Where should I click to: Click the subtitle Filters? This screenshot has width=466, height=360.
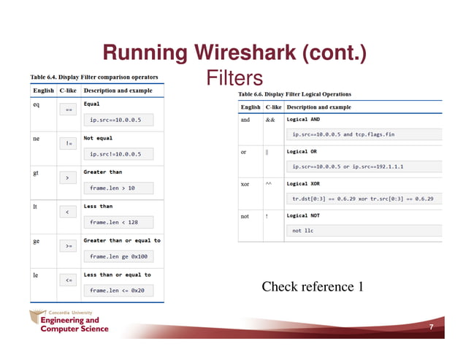tap(234, 77)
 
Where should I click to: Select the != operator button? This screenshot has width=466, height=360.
tap(67, 143)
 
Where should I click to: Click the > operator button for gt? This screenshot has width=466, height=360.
tap(67, 177)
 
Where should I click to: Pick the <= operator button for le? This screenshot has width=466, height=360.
tap(67, 280)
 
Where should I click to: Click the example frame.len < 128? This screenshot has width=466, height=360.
tap(113, 222)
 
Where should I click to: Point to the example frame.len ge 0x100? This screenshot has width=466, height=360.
tap(118, 256)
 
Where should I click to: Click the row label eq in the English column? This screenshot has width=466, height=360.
tap(36, 104)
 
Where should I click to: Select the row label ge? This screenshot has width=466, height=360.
tap(36, 240)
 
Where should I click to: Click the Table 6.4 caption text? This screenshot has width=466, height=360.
tap(93, 76)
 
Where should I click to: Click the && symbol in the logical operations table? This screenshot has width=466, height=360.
tap(269, 120)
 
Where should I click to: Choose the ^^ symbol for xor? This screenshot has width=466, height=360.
tap(269, 184)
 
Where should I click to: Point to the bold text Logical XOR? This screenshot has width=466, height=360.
tap(304, 184)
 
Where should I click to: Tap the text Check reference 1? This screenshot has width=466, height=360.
tap(312, 286)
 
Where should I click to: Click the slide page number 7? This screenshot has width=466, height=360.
tap(431, 327)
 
